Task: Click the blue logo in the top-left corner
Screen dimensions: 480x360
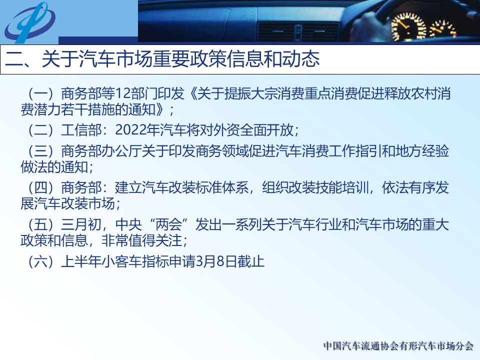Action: point(29,22)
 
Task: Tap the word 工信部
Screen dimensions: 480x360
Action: point(81,130)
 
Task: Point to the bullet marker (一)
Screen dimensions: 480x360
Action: point(40,93)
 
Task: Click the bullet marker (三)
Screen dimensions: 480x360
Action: point(40,151)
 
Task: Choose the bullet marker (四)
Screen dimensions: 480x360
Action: point(40,187)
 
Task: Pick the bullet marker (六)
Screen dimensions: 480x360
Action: point(40,261)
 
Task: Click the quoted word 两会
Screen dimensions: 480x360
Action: point(168,224)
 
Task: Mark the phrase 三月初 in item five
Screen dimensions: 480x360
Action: point(81,224)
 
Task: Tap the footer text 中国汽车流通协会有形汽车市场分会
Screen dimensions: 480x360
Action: point(398,346)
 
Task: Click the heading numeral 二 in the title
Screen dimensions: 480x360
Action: point(14,59)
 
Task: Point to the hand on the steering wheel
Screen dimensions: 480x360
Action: point(368,26)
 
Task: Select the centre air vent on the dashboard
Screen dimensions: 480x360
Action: point(298,31)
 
